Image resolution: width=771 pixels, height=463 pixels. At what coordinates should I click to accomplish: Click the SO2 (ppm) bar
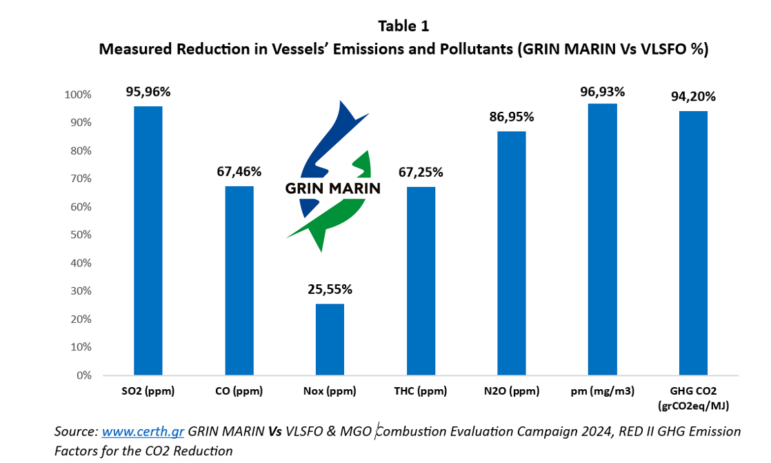pyautogui.click(x=148, y=241)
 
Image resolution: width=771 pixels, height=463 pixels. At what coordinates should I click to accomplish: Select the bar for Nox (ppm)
pyautogui.click(x=330, y=339)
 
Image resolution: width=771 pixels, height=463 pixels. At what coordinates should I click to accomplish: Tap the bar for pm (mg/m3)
pyautogui.click(x=602, y=239)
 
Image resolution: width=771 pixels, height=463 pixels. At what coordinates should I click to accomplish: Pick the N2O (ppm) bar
pyautogui.click(x=511, y=253)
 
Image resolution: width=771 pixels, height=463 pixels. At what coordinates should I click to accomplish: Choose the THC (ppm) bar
pyautogui.click(x=420, y=281)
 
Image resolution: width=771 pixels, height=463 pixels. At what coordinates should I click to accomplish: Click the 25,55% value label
pyautogui.click(x=330, y=289)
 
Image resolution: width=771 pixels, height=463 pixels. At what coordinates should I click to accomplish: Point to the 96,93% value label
pyautogui.click(x=602, y=91)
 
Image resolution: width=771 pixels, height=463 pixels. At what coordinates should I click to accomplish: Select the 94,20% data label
pyautogui.click(x=693, y=97)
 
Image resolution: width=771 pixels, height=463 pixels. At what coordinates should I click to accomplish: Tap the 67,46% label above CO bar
pyautogui.click(x=239, y=171)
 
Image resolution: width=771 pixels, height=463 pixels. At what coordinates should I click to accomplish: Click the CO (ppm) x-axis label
pyautogui.click(x=239, y=391)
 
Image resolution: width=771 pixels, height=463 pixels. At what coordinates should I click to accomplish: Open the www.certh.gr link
pyautogui.click(x=143, y=432)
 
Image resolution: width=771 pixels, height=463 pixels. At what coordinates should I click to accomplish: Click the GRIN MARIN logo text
pyautogui.click(x=332, y=188)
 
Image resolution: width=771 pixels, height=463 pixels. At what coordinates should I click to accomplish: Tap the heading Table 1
pyautogui.click(x=403, y=26)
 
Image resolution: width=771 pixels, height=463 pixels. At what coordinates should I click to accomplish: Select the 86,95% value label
pyautogui.click(x=511, y=117)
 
